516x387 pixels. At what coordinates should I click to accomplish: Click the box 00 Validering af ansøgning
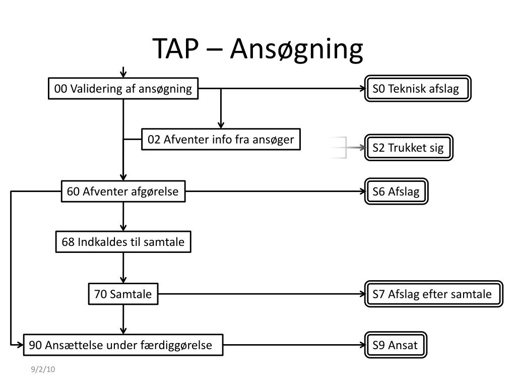pos(123,89)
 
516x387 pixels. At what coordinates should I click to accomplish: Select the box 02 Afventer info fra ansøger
pos(221,139)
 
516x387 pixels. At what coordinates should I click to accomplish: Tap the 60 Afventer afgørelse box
pos(123,191)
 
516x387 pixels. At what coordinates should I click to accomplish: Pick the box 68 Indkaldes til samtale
pos(123,242)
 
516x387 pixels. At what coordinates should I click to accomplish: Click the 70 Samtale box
pos(123,294)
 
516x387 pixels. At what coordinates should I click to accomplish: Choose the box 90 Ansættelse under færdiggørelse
pos(123,345)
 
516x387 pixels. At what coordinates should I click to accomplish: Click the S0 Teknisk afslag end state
pos(418,89)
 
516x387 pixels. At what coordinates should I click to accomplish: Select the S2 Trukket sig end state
pos(409,148)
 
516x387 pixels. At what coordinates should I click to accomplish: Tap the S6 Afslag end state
pos(396,191)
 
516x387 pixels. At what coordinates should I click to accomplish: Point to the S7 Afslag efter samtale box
pos(434,294)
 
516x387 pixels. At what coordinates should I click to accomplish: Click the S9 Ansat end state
pos(396,345)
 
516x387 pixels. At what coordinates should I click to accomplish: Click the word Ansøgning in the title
pos(296,49)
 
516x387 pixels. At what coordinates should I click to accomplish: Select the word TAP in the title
pos(176,48)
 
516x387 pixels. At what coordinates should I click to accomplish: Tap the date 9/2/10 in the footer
pos(43,369)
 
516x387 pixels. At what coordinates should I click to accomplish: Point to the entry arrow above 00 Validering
pos(123,72)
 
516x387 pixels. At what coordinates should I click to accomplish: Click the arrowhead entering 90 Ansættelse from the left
pos(20,345)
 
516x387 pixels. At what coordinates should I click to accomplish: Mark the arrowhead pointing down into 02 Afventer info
pos(221,125)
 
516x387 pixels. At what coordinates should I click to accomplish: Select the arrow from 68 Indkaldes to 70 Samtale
pos(123,268)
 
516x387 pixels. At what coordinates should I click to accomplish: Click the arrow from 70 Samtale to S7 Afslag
pos(262,294)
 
